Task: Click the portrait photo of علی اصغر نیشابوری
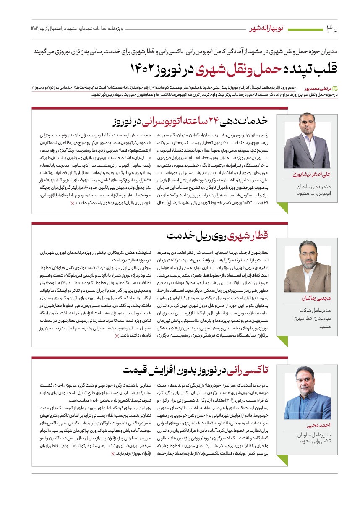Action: click(308, 145)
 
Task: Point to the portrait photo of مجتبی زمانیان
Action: click(308, 266)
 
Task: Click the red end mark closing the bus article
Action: click(72, 203)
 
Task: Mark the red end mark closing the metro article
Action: click(117, 336)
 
